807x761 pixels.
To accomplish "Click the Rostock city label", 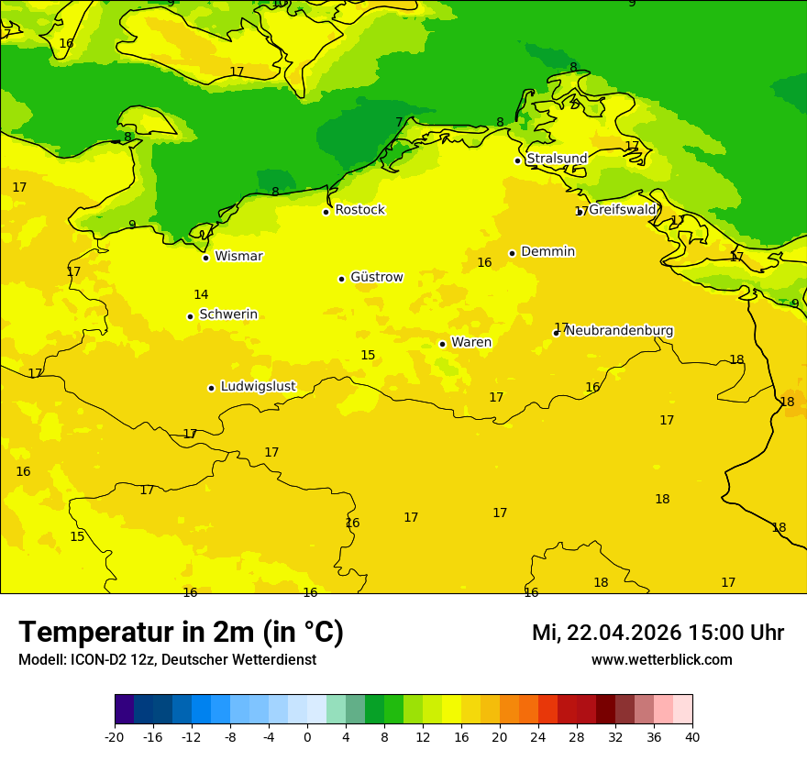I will [x=359, y=210].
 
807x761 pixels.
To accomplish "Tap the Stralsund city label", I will [x=557, y=159].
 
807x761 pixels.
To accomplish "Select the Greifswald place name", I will [x=623, y=210].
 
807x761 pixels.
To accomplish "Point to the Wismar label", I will [x=238, y=257].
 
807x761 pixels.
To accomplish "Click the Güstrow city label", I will [x=376, y=277].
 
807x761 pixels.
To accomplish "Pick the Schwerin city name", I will [x=228, y=314].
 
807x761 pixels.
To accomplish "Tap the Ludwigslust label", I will [x=258, y=387].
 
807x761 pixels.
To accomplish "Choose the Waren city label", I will [x=471, y=343].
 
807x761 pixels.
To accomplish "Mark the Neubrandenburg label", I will [x=619, y=331].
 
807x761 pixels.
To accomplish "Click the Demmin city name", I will [x=547, y=252].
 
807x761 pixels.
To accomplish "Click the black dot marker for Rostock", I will [x=326, y=212].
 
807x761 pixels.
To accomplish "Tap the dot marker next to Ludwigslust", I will [x=211, y=388].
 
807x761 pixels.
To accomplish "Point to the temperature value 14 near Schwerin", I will [x=201, y=295].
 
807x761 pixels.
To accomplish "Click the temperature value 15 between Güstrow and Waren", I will [x=368, y=356].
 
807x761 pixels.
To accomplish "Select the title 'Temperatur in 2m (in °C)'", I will [x=181, y=633].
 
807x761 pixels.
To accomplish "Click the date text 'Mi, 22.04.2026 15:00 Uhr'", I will [x=658, y=633].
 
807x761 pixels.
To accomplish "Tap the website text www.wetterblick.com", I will [x=661, y=660].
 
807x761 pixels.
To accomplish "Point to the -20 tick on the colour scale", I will [x=115, y=737].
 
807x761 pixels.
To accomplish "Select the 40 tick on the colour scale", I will [x=692, y=737].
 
